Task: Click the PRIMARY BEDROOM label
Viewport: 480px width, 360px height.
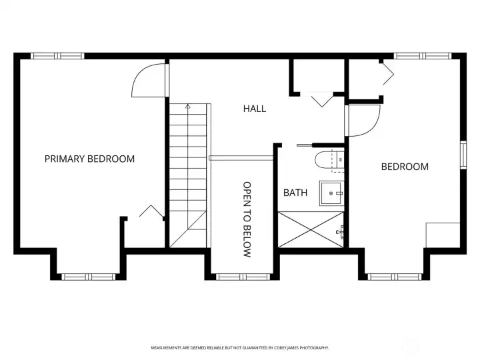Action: [89, 159]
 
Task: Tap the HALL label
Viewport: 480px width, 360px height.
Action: [255, 109]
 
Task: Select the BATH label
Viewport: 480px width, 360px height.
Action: [295, 193]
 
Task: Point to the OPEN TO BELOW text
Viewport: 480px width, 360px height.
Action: [247, 219]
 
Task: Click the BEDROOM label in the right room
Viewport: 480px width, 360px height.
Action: [405, 167]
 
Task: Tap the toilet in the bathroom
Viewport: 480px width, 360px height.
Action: [329, 159]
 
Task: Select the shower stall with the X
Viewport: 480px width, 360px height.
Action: [311, 229]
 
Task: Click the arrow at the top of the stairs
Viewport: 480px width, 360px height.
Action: [188, 107]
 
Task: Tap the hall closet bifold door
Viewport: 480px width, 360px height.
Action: [322, 99]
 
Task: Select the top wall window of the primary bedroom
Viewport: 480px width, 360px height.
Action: [57, 56]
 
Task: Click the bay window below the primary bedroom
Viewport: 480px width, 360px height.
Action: [89, 277]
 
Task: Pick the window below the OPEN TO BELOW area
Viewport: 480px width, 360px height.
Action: [243, 277]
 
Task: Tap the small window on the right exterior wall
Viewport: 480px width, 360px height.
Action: [463, 155]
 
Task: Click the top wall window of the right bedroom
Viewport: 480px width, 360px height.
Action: [423, 56]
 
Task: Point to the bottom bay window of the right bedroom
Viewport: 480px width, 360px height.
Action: [394, 277]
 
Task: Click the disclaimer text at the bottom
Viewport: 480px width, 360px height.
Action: [240, 348]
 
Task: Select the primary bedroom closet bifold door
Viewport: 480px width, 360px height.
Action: [151, 211]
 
